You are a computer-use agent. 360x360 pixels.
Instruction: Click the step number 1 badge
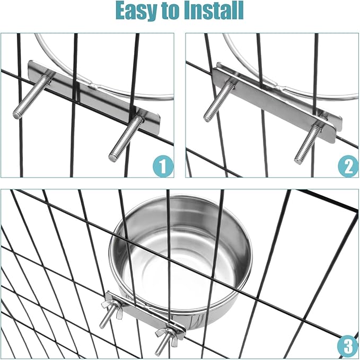pyautogui.click(x=163, y=166)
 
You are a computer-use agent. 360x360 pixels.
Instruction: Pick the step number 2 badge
pyautogui.click(x=348, y=166)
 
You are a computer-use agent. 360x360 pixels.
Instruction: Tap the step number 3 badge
pyautogui.click(x=348, y=346)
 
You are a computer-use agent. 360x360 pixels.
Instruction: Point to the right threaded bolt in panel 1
pyautogui.click(x=126, y=138)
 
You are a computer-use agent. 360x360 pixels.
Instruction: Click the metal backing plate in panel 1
pyautogui.click(x=94, y=92)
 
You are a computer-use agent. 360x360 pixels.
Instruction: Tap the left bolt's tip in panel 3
pyautogui.click(x=101, y=326)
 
